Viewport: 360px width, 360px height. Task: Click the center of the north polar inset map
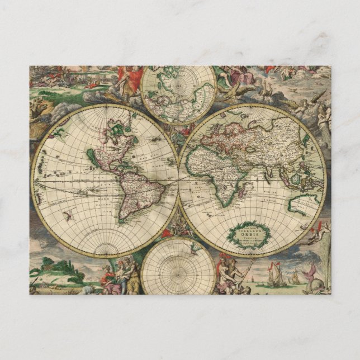pos(179,94)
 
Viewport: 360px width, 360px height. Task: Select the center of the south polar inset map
pos(178,267)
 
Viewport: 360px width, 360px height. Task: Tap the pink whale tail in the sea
pos(308,274)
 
